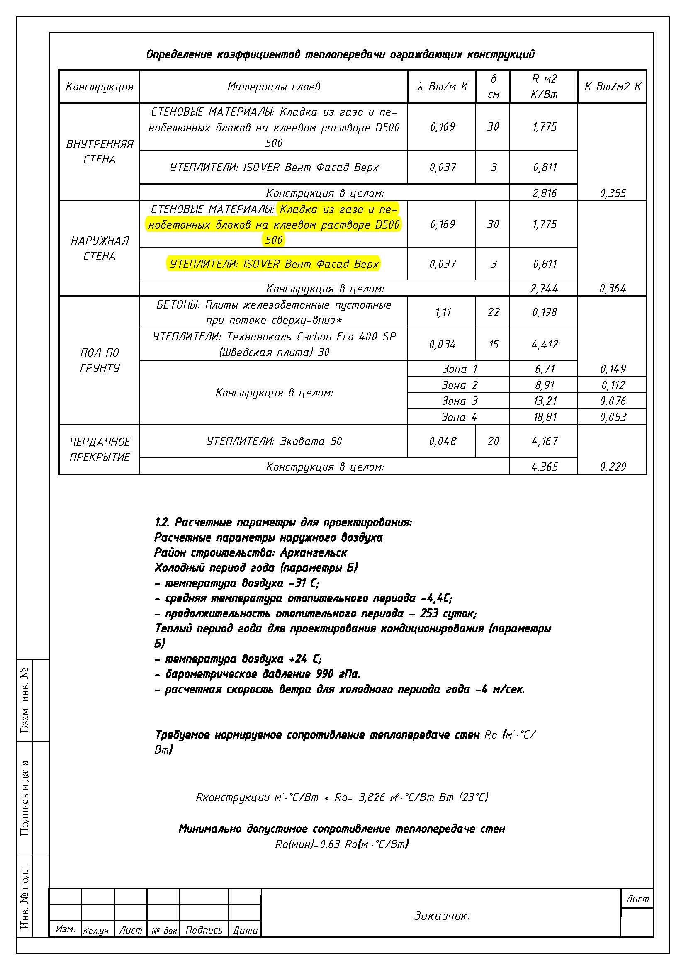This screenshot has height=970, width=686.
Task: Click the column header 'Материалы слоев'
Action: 274,87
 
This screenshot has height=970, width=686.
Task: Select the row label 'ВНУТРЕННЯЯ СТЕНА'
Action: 99,152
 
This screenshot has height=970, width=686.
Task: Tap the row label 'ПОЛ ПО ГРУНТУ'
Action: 99,360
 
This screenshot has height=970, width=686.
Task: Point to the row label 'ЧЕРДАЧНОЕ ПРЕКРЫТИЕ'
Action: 99,449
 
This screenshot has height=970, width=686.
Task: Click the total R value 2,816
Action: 544,193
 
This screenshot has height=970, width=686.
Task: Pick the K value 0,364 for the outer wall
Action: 613,289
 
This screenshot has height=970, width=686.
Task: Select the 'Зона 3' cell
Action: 459,401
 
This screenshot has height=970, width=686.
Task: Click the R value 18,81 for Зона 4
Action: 545,417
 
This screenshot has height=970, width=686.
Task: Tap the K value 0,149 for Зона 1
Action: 613,369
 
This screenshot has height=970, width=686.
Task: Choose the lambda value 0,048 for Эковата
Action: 442,441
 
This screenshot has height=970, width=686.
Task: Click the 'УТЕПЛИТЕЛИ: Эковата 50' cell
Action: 274,441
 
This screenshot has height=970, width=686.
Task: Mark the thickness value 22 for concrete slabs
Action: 493,312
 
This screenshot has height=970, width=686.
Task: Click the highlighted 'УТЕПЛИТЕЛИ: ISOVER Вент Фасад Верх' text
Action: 274,264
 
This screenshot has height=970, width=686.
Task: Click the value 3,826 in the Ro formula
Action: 372,797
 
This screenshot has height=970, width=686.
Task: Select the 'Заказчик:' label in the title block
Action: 441,916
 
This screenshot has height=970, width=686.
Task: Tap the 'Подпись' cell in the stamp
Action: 204,930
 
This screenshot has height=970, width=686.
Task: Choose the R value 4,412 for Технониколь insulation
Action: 545,344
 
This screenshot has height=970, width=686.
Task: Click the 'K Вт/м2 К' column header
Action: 613,87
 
